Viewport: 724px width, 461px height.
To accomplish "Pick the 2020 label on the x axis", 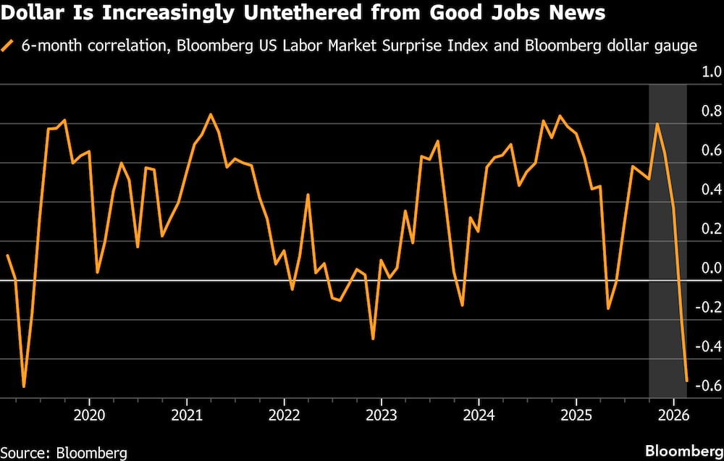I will [x=89, y=416].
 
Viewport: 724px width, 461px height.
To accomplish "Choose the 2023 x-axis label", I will [x=381, y=416].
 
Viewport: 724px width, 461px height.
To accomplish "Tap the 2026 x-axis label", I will [x=673, y=416].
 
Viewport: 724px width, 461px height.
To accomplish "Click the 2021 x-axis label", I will [x=187, y=416].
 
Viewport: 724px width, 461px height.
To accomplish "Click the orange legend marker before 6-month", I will [x=8, y=46].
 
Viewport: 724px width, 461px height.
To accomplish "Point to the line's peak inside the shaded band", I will [x=657, y=124].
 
